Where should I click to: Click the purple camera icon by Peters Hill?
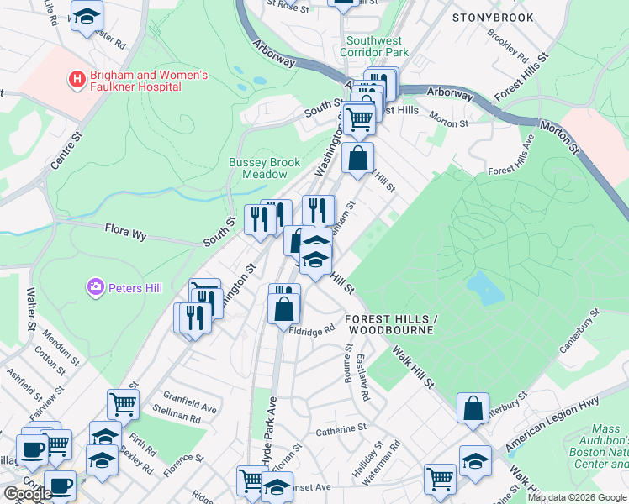[x=96, y=288]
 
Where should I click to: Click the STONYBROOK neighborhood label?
[x=492, y=17]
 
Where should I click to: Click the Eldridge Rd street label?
[x=312, y=331]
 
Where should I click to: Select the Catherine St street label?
[x=341, y=429]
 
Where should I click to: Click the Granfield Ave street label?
[x=190, y=397]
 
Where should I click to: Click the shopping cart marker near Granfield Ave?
[x=123, y=404]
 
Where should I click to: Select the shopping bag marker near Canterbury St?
[x=473, y=407]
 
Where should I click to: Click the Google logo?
[x=27, y=495]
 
